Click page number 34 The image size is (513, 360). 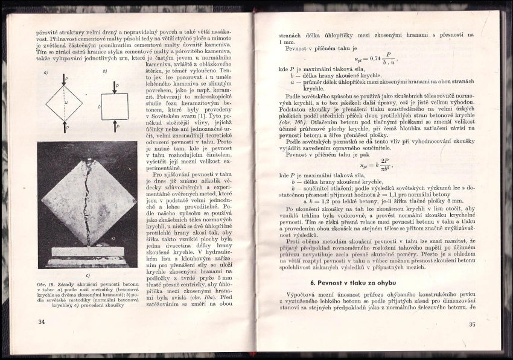click(42, 322)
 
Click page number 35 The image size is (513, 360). click(472, 324)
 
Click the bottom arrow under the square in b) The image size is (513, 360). click(113, 128)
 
